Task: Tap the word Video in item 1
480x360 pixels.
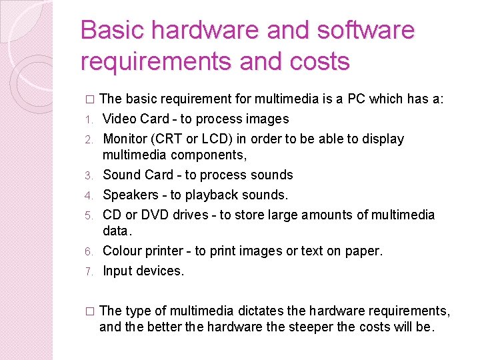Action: coord(119,119)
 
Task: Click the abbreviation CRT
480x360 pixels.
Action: coord(171,139)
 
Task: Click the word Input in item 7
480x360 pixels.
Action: coord(117,271)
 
